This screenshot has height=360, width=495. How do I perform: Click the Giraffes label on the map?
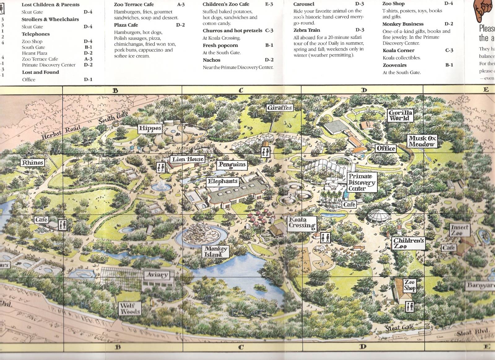280,108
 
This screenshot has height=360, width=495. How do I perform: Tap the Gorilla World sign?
401,115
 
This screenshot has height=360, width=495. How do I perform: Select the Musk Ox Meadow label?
422,141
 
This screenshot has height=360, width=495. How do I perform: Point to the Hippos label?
150,128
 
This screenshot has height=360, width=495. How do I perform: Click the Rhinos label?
32,163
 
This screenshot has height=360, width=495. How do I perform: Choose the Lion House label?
188,159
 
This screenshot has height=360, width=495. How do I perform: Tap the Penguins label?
232,164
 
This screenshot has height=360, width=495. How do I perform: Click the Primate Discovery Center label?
361,182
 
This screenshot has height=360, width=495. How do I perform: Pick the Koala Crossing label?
302,223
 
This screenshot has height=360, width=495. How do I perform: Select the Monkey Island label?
216,251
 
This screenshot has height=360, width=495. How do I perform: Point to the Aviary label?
158,275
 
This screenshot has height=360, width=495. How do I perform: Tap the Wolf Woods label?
130,308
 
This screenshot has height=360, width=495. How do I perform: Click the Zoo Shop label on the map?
409,285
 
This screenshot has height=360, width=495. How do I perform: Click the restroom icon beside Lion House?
161,167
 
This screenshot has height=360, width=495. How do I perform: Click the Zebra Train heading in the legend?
306,30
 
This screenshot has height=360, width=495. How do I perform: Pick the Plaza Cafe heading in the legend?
126,25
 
